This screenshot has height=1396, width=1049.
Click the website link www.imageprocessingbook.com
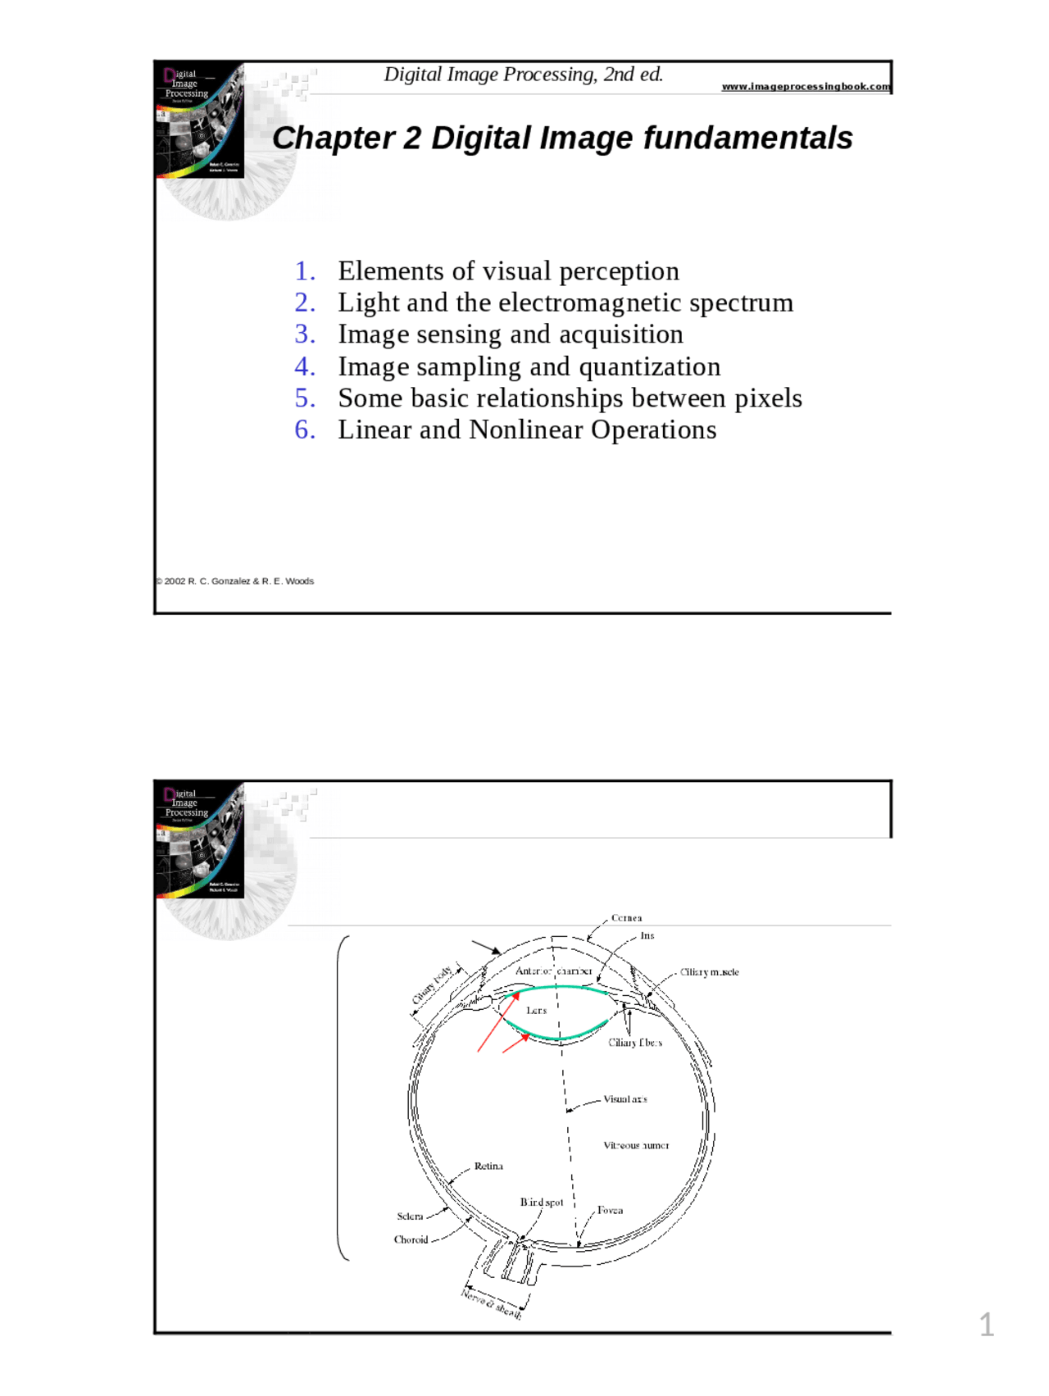pos(806,86)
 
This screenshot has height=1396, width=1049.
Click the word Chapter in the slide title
pos(334,138)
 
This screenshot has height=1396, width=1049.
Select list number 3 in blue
pos(305,334)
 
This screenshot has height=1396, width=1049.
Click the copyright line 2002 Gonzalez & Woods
pos(235,581)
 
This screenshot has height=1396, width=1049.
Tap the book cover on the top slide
pos(199,120)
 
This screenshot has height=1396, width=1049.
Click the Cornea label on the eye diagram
pos(626,918)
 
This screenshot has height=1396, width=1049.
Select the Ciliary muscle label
pos(709,972)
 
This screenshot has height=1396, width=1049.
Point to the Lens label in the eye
pos(536,1011)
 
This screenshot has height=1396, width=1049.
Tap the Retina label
pos(488,1166)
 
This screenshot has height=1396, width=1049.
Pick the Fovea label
pos(610,1211)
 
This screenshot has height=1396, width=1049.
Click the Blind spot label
pos(542,1203)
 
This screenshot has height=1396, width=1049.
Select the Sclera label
pos(410,1216)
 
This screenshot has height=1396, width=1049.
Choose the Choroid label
pos(411,1240)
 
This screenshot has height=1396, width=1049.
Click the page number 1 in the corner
pos(987,1325)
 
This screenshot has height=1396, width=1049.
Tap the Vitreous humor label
pos(636,1146)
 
